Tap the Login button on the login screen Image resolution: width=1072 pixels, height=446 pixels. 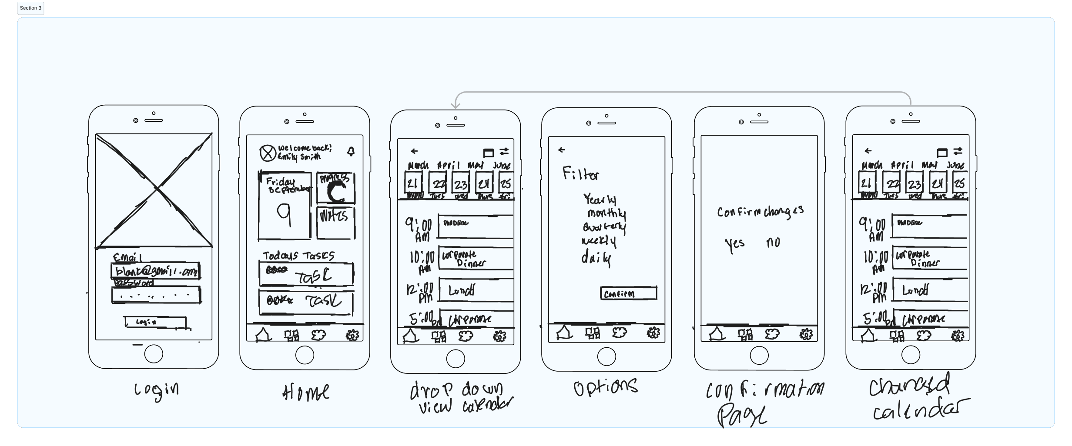155,322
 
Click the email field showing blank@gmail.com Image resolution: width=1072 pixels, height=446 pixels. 155,271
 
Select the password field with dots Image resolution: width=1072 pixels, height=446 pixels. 155,295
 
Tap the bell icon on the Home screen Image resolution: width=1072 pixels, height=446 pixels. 351,151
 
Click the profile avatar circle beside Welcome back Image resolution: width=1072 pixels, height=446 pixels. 267,153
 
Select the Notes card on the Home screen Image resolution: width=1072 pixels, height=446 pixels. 335,223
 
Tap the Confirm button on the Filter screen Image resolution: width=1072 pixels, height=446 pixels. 628,293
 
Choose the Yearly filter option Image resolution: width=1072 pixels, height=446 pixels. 600,200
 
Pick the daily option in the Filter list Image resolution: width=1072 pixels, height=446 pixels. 596,258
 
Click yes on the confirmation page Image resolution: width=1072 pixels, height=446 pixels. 734,244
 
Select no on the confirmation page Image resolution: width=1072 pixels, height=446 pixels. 773,243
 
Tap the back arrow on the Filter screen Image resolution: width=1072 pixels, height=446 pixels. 562,150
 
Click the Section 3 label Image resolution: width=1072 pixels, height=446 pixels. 30,8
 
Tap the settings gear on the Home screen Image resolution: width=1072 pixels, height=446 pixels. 352,335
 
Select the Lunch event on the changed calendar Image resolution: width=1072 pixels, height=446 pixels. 930,290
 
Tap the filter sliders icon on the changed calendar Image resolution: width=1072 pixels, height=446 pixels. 958,151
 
